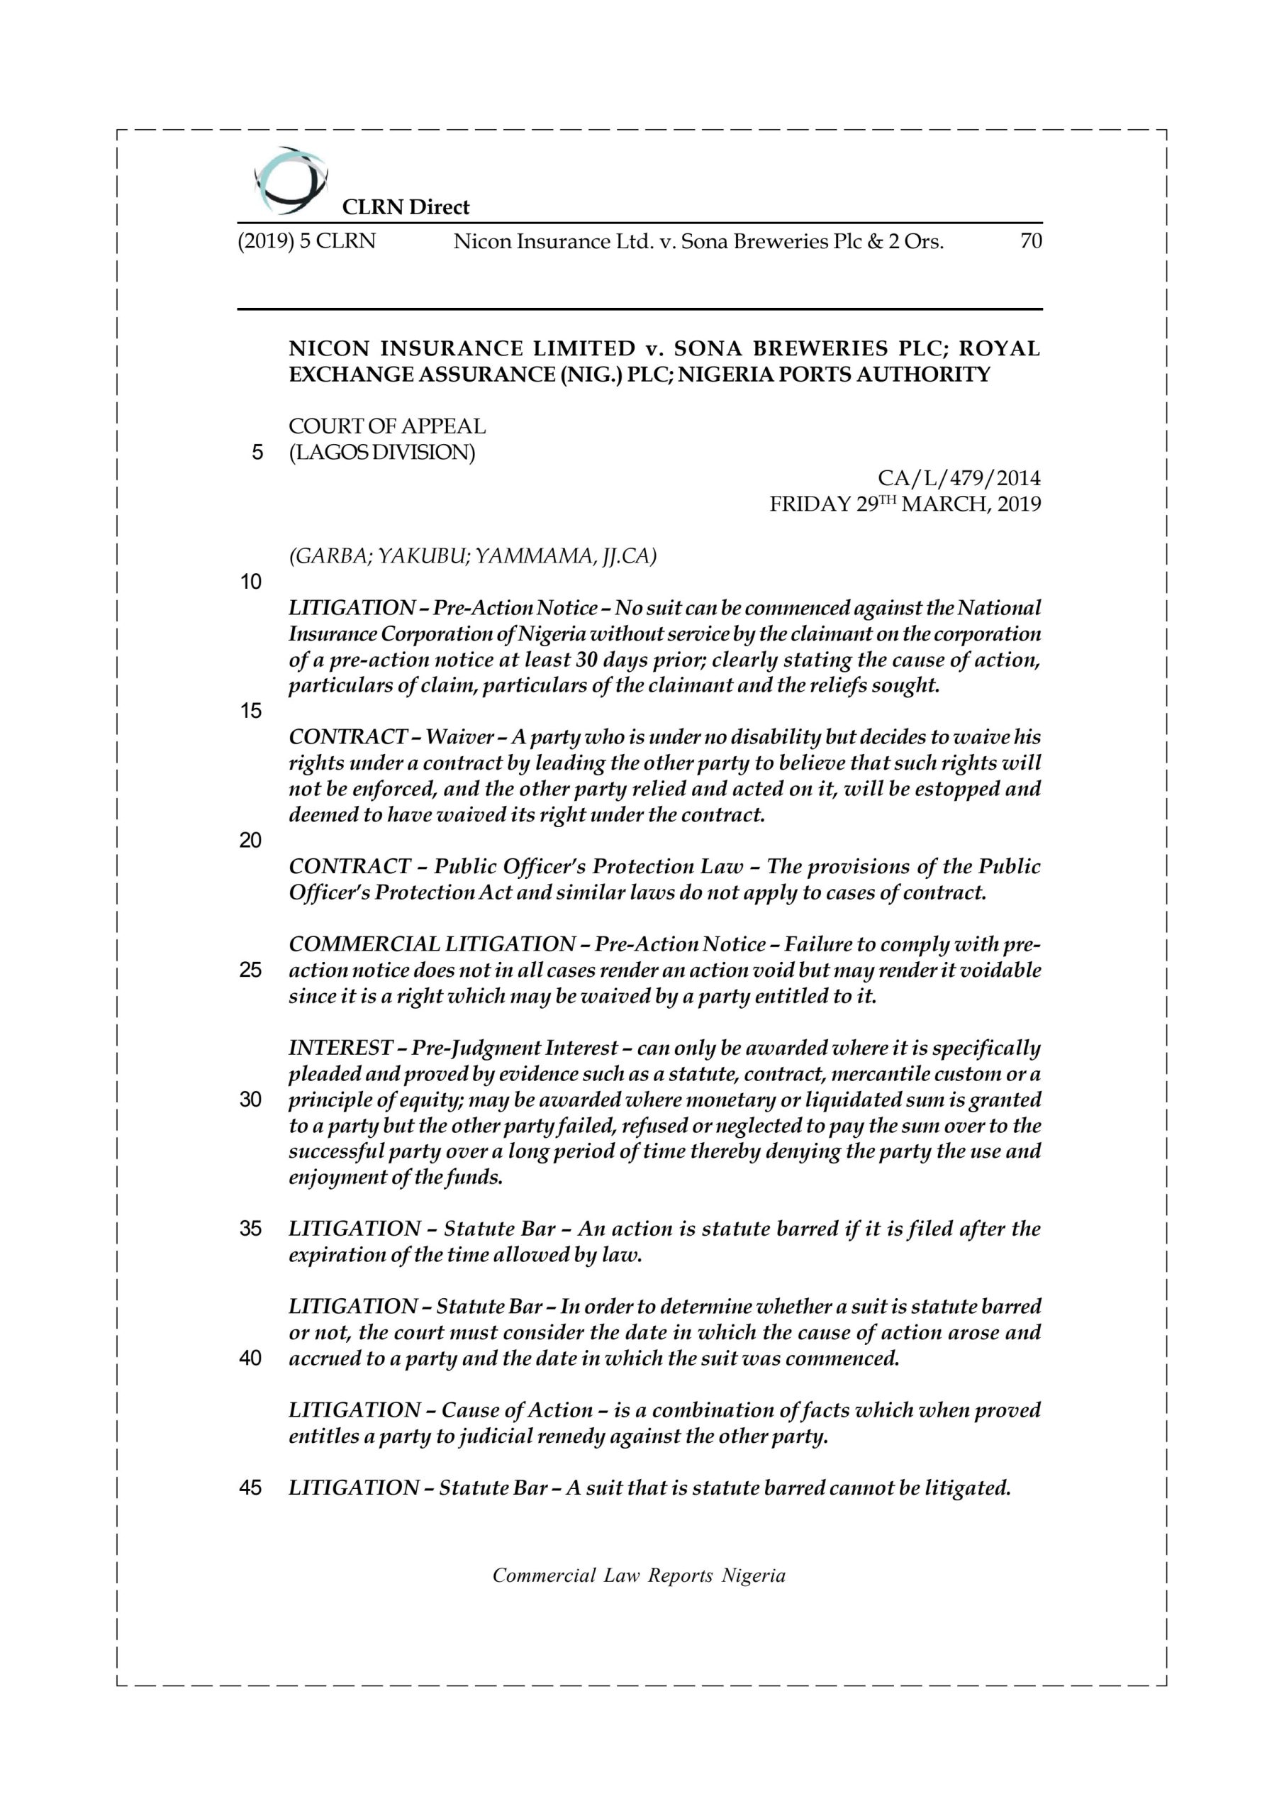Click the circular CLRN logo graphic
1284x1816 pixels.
click(x=290, y=180)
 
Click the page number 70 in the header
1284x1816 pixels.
click(x=1030, y=241)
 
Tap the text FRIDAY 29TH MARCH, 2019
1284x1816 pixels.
click(x=905, y=504)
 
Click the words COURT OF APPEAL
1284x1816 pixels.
click(x=386, y=426)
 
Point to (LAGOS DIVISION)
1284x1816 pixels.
click(x=382, y=453)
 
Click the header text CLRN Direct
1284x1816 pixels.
click(x=405, y=207)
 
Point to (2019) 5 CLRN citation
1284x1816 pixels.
click(x=307, y=241)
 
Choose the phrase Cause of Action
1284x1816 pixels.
click(x=516, y=1410)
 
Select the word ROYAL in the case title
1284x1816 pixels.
click(x=1000, y=349)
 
